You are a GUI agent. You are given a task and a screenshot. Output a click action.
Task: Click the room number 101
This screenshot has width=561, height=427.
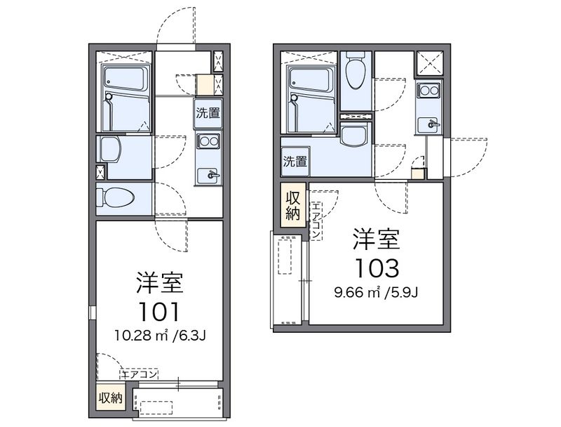pyautogui.click(x=159, y=312)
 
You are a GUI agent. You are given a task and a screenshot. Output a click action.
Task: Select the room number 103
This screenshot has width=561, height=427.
pyautogui.click(x=377, y=268)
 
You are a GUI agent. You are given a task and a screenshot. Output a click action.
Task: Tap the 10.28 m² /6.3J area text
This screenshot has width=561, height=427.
pyautogui.click(x=160, y=336)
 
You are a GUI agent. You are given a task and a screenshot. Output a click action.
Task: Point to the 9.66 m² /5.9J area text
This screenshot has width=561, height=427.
pyautogui.click(x=376, y=293)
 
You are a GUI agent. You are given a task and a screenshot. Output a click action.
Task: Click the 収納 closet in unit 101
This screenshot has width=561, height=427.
pyautogui.click(x=110, y=398)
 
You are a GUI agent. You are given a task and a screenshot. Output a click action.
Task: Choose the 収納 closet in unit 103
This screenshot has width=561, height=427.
pyautogui.click(x=293, y=204)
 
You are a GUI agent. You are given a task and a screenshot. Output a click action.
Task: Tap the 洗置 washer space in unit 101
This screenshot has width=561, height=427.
pyautogui.click(x=208, y=113)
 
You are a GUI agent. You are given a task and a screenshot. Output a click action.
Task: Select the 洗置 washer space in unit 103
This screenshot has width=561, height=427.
pyautogui.click(x=295, y=162)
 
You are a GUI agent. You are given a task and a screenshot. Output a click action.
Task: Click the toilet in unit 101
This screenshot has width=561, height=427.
pyautogui.click(x=116, y=197)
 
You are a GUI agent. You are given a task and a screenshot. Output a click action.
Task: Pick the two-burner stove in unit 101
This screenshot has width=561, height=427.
pyautogui.click(x=209, y=141)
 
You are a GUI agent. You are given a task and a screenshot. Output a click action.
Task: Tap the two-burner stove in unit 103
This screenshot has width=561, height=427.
pyautogui.click(x=429, y=91)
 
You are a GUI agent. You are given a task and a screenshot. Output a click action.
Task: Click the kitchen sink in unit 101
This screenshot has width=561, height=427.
pyautogui.click(x=208, y=175)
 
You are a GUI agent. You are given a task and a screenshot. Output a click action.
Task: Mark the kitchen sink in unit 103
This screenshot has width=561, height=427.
pyautogui.click(x=428, y=124)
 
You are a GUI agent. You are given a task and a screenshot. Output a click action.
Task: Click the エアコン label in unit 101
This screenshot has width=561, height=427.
pyautogui.click(x=139, y=375)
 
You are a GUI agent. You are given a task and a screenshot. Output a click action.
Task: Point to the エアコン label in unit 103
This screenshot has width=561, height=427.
pyautogui.click(x=316, y=221)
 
